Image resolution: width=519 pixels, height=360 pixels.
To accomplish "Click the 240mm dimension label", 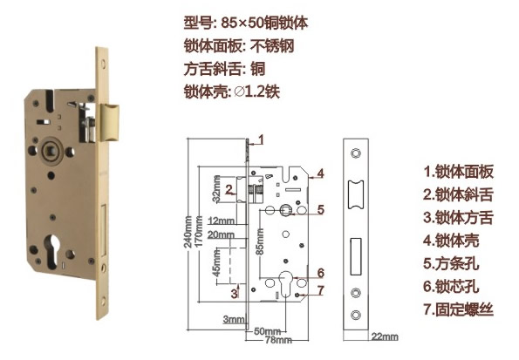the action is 188,232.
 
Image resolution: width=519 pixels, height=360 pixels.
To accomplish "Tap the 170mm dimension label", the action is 199,231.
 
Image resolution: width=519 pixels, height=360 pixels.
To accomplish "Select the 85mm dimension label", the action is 260,241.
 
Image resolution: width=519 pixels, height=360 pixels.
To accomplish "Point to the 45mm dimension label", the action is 216,263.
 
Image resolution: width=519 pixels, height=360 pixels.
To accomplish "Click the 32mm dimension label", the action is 216,189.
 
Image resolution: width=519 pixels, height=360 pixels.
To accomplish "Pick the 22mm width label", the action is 385,336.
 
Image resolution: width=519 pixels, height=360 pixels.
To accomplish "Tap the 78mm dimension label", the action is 278,339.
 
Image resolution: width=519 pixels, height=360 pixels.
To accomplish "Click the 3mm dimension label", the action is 234,319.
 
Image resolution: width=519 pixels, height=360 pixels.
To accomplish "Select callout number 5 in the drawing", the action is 320,209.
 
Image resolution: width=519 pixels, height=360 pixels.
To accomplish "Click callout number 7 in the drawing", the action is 320,290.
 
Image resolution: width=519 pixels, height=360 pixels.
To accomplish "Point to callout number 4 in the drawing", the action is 320,173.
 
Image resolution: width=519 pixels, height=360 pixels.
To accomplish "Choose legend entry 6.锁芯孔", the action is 451,286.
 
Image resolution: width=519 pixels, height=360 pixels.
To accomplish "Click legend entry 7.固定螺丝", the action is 459,309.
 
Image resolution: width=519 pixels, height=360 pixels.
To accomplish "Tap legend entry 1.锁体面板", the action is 459,172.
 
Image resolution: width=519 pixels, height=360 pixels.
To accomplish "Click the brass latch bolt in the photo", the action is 110,122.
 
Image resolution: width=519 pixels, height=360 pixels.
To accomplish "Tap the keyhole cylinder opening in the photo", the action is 53,249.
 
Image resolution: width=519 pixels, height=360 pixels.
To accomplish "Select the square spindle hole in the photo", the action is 51,151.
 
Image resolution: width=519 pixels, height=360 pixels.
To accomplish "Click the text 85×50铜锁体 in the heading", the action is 264,23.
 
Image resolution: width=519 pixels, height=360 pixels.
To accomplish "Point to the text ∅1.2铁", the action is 256,92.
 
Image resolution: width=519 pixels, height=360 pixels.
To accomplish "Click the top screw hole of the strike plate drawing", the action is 356,153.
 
